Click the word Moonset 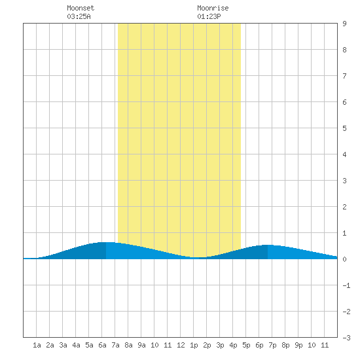(x=81, y=8)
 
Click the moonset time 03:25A (x=79, y=16)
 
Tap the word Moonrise (x=213, y=8)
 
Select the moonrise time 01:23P (x=209, y=16)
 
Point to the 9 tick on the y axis (x=344, y=24)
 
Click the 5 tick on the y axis (x=344, y=128)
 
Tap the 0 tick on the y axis (x=344, y=259)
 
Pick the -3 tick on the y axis (x=346, y=338)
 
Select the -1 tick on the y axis (x=346, y=285)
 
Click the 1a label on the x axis (x=37, y=345)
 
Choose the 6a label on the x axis (x=102, y=345)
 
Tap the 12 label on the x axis (x=181, y=345)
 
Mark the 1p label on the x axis (x=194, y=346)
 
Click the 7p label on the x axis (x=272, y=346)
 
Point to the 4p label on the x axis (x=233, y=346)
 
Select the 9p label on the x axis (x=298, y=346)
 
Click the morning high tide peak (x=106, y=242)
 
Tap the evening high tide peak (x=268, y=245)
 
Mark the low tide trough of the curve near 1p (x=198, y=258)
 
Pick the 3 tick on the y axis (x=344, y=181)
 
